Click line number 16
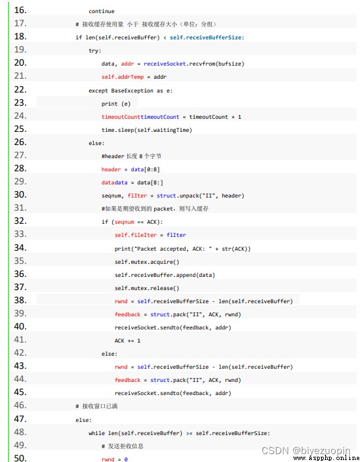coord(20,10)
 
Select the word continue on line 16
coord(102,11)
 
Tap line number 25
coord(20,129)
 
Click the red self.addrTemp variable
coord(123,77)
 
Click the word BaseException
coord(132,91)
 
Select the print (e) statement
coord(115,104)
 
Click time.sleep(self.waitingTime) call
coord(147,130)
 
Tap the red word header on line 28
coord(111,169)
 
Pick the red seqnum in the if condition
coord(124,222)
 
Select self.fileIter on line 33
coord(135,235)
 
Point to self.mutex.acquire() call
coord(147,262)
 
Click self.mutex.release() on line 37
coord(147,288)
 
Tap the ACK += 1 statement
coord(127,341)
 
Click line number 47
coord(20,419)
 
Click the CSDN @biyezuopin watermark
coord(306,451)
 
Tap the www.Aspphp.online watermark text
coord(327,457)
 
